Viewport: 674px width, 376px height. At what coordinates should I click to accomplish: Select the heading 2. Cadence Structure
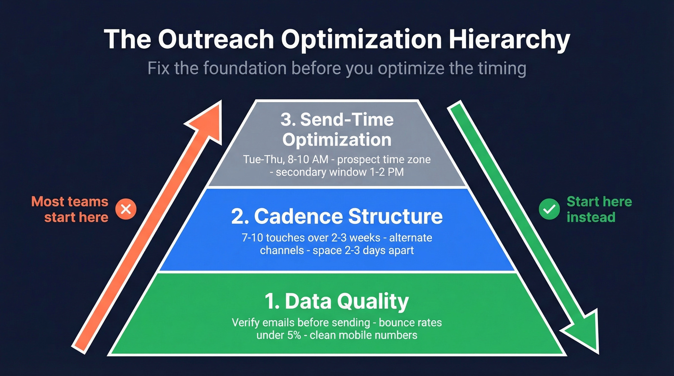click(x=337, y=216)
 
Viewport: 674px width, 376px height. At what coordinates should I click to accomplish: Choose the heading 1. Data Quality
click(x=337, y=301)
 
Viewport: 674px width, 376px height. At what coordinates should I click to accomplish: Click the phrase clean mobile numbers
click(x=363, y=335)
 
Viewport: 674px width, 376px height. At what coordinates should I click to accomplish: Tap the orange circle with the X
click(x=126, y=209)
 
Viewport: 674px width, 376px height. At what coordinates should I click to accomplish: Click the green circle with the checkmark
click(x=549, y=209)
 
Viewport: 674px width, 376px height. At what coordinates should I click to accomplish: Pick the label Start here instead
click(x=599, y=209)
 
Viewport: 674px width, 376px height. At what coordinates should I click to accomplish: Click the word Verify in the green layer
click(x=246, y=322)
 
